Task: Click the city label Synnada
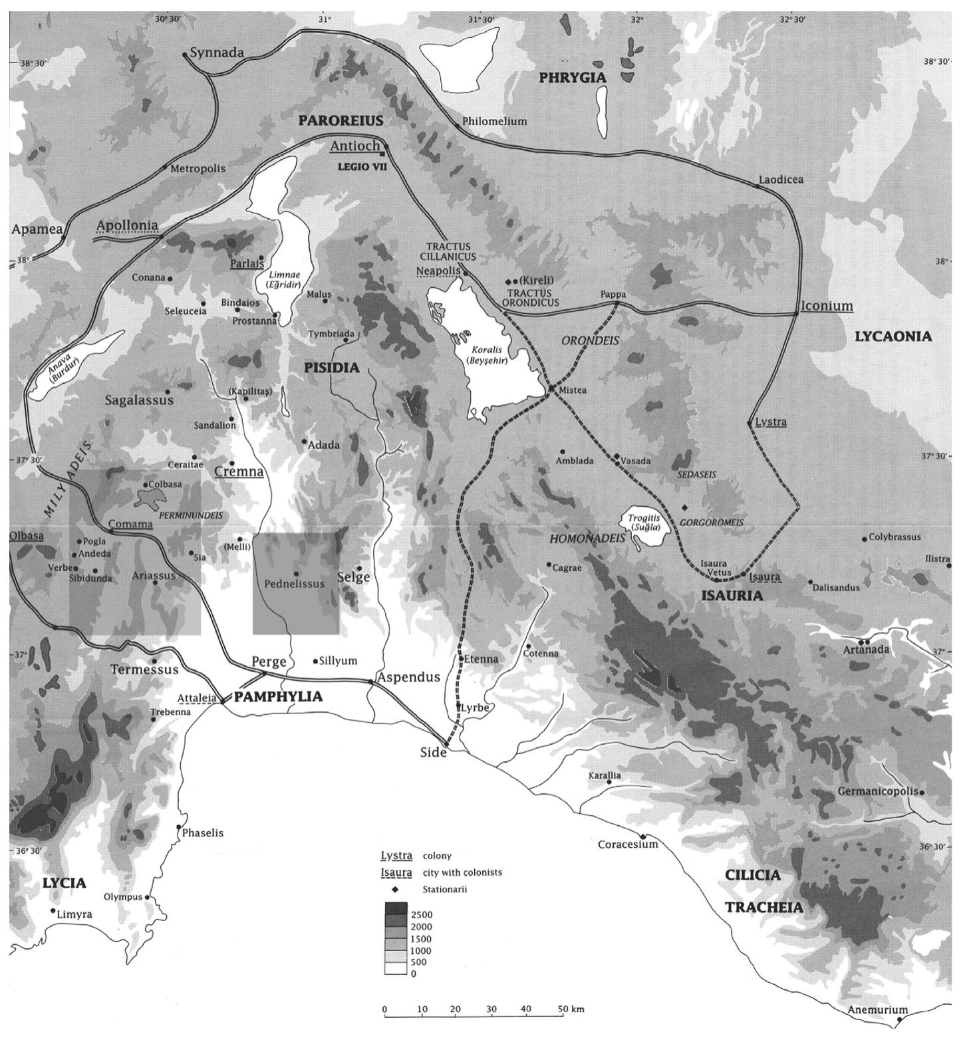tap(217, 53)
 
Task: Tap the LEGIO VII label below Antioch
tap(361, 167)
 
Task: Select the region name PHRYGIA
tap(573, 78)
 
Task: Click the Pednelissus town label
tap(294, 583)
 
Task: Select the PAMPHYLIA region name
tap(278, 696)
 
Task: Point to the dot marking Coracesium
tap(643, 836)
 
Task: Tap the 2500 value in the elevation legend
tap(422, 915)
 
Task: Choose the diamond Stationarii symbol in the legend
tap(395, 889)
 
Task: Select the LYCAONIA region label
tap(893, 336)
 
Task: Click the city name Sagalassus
tap(139, 400)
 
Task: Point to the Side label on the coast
tap(433, 753)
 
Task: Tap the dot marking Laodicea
tap(758, 187)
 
